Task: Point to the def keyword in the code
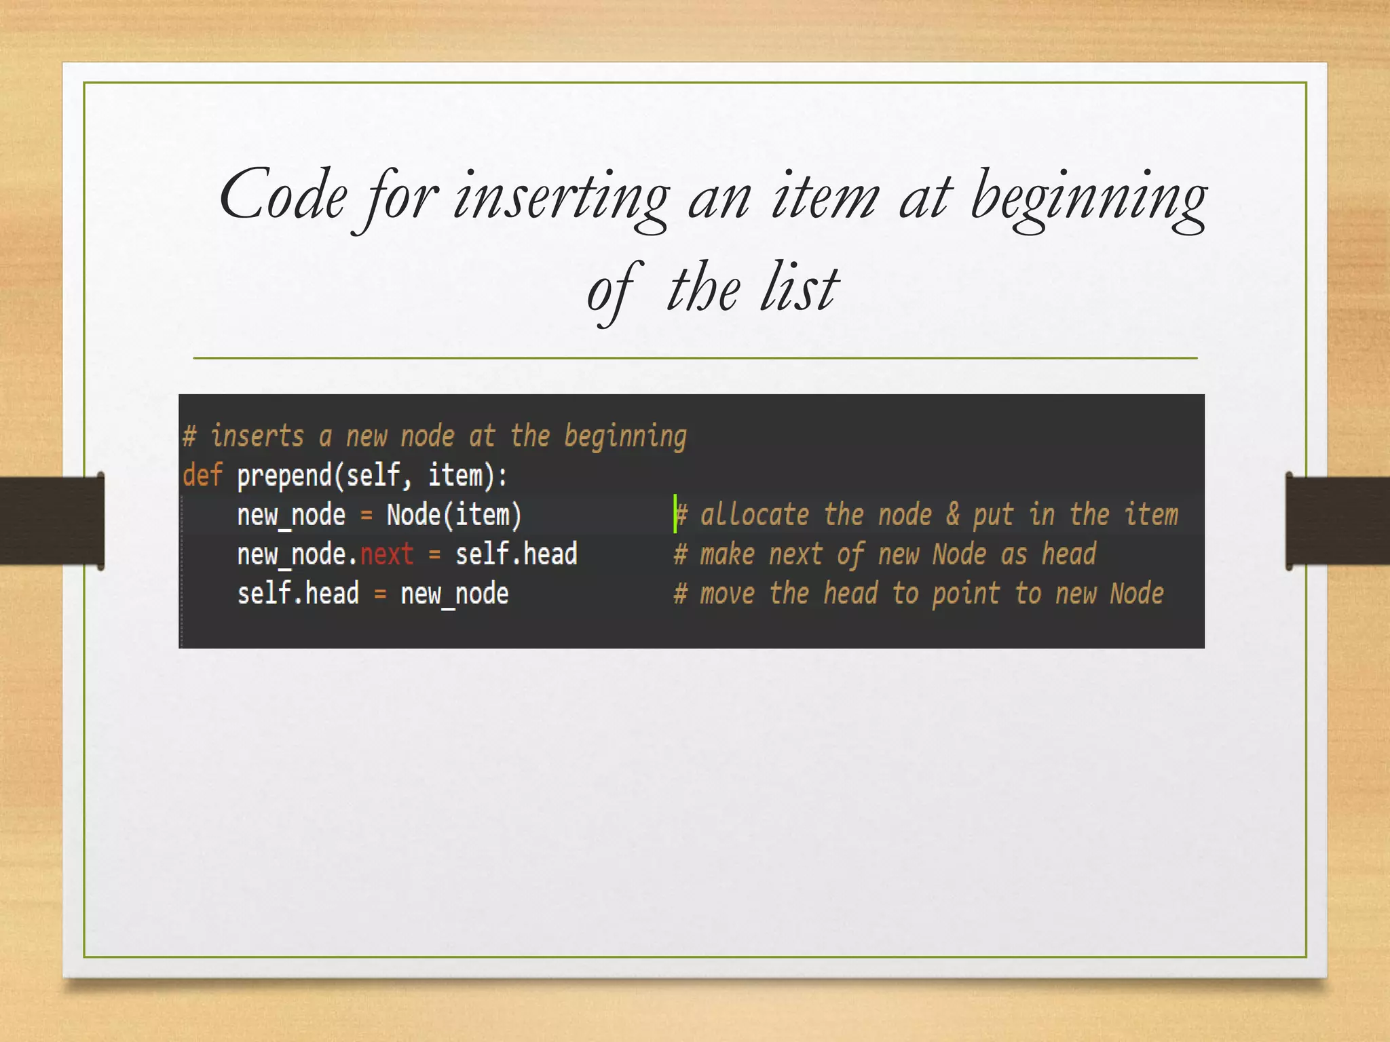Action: click(x=202, y=475)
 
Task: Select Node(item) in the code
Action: click(x=454, y=515)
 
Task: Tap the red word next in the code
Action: click(x=386, y=554)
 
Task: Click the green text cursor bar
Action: click(x=675, y=514)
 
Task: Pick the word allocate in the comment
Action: click(x=754, y=515)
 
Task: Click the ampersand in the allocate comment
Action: click(x=953, y=514)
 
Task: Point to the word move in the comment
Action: click(x=727, y=594)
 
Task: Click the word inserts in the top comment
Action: click(x=257, y=436)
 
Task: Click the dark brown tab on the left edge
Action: click(x=52, y=521)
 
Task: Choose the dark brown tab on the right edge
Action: click(x=1337, y=521)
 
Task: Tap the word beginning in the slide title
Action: click(x=1089, y=198)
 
